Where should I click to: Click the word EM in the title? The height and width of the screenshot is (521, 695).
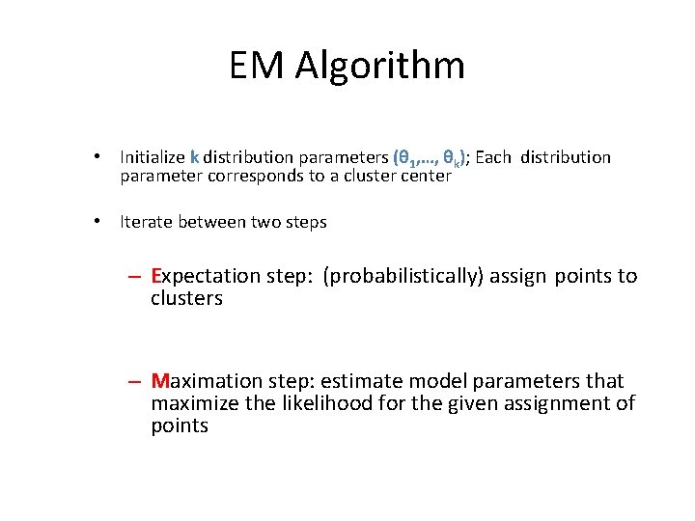[258, 66]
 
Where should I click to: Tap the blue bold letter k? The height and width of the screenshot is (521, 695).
[195, 156]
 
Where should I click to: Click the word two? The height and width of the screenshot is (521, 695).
[266, 222]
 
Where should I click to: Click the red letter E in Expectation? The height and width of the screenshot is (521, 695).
[156, 276]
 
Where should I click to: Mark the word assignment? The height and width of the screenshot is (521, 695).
[557, 403]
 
